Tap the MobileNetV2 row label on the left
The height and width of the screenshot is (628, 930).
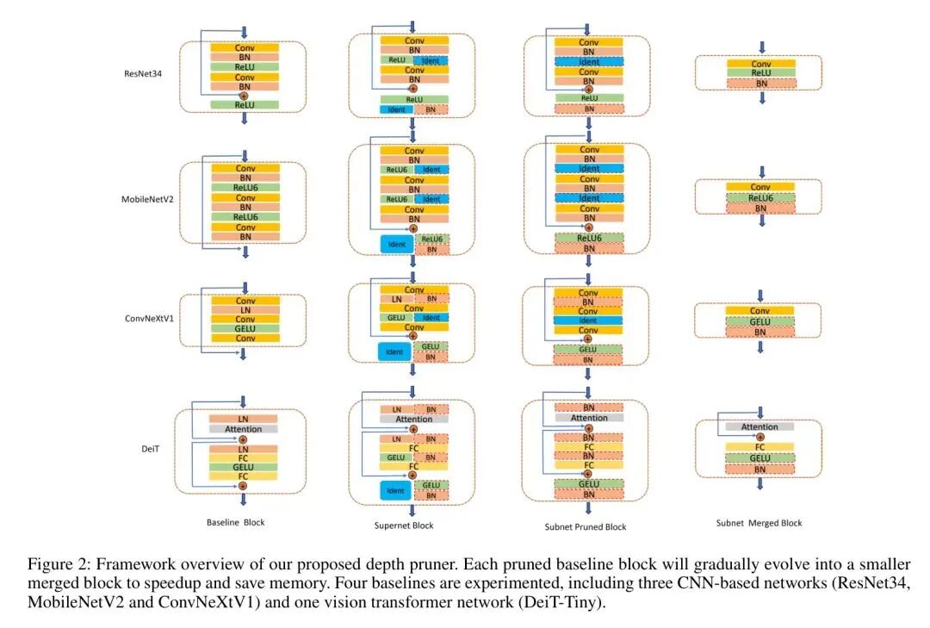(x=146, y=200)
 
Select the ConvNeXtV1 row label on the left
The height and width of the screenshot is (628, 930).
(x=146, y=318)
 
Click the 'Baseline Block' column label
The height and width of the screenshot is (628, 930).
(x=236, y=523)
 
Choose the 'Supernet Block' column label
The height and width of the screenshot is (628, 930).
(x=404, y=525)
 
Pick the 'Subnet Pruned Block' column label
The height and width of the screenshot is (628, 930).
(x=586, y=526)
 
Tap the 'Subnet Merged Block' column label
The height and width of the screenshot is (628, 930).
(x=759, y=523)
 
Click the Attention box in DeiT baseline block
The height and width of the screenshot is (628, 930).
(x=243, y=429)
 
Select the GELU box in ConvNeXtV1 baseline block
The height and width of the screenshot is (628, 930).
(x=245, y=328)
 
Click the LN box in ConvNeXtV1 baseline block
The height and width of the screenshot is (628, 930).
(x=245, y=310)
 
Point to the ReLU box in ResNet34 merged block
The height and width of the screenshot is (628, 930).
(x=760, y=73)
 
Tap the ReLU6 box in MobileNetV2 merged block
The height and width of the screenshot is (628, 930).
(x=760, y=197)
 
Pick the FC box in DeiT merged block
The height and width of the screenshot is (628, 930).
(x=760, y=447)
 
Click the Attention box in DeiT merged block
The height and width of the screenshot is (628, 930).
(x=759, y=426)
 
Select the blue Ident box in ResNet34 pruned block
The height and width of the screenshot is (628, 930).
(x=589, y=62)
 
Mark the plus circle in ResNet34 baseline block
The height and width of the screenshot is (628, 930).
(x=245, y=95)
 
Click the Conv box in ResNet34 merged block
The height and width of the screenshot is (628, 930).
(x=760, y=64)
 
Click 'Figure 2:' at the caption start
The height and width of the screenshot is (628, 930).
(x=59, y=565)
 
